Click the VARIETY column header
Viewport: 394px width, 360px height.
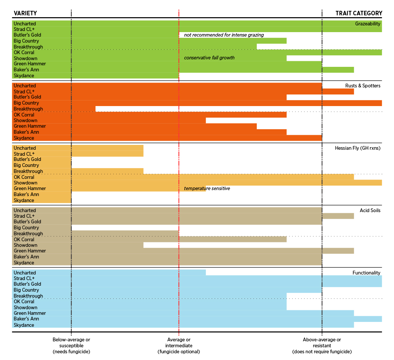(25, 13)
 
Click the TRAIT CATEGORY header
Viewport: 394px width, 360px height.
(359, 13)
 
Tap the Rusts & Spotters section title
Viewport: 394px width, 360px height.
(363, 86)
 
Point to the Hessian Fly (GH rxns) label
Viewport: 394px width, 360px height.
(357, 148)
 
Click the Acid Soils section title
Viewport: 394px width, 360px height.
(370, 210)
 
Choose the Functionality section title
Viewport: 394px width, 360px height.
(366, 273)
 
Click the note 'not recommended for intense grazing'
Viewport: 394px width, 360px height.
(224, 35)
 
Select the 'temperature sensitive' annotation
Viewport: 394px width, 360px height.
(207, 189)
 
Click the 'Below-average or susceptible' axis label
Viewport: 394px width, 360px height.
(71, 345)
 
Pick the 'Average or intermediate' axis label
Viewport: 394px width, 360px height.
(179, 345)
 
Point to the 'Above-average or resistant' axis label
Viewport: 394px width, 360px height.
(322, 345)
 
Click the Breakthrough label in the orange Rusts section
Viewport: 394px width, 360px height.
(28, 109)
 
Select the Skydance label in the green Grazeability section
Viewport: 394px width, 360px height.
(24, 75)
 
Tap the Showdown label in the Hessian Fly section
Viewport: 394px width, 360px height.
(25, 183)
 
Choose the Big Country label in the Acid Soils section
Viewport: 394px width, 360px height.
(26, 227)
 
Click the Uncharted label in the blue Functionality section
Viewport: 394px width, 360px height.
(25, 273)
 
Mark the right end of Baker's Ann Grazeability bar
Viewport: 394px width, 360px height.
(353, 70)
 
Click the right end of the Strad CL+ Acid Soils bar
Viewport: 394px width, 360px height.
(353, 216)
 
